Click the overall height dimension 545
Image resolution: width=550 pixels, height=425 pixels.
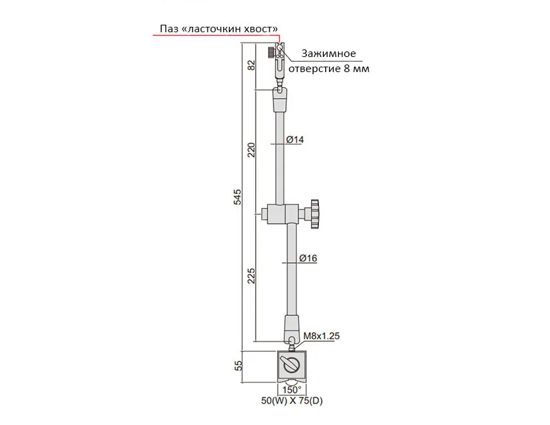coord(238,197)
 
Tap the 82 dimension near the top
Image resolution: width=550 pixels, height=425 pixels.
coord(252,65)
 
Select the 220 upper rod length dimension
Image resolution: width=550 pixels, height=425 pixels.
coord(252,150)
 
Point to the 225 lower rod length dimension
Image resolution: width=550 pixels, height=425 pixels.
coord(252,276)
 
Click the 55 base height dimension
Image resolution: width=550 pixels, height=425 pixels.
coord(238,366)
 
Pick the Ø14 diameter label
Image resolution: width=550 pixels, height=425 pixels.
coord(295,139)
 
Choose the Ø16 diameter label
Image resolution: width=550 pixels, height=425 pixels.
coord(308,258)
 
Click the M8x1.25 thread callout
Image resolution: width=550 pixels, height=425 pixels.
coord(321,336)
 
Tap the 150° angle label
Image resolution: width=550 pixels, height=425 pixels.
coord(291,389)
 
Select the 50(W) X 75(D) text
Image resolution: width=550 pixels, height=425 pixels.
coord(291,400)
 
